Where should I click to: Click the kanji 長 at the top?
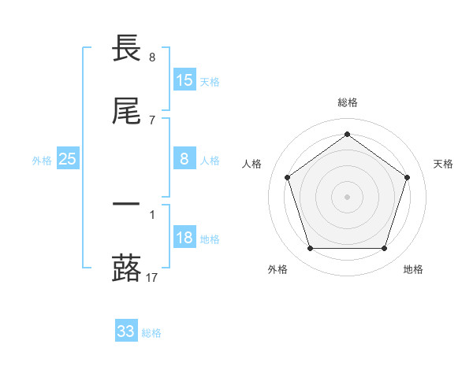(x=126, y=49)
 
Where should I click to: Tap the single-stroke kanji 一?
(x=126, y=203)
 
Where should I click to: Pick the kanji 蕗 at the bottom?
(x=126, y=268)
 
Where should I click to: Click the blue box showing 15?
(x=184, y=80)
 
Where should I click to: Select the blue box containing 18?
(x=184, y=238)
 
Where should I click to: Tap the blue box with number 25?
(x=68, y=159)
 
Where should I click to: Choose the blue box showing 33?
(x=126, y=331)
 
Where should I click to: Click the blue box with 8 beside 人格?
(x=184, y=159)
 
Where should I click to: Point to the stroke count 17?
(x=152, y=277)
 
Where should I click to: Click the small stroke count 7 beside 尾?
(x=152, y=120)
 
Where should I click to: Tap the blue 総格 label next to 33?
(x=151, y=333)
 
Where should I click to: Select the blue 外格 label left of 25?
(x=42, y=161)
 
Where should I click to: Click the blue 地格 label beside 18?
(x=210, y=239)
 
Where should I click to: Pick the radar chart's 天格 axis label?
(x=444, y=164)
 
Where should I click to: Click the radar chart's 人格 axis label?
(x=252, y=164)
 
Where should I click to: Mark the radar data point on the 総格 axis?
(x=347, y=134)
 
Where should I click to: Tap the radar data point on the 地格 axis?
(x=384, y=249)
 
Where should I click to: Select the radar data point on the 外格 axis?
(x=310, y=249)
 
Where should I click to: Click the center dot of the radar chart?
(x=347, y=197)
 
